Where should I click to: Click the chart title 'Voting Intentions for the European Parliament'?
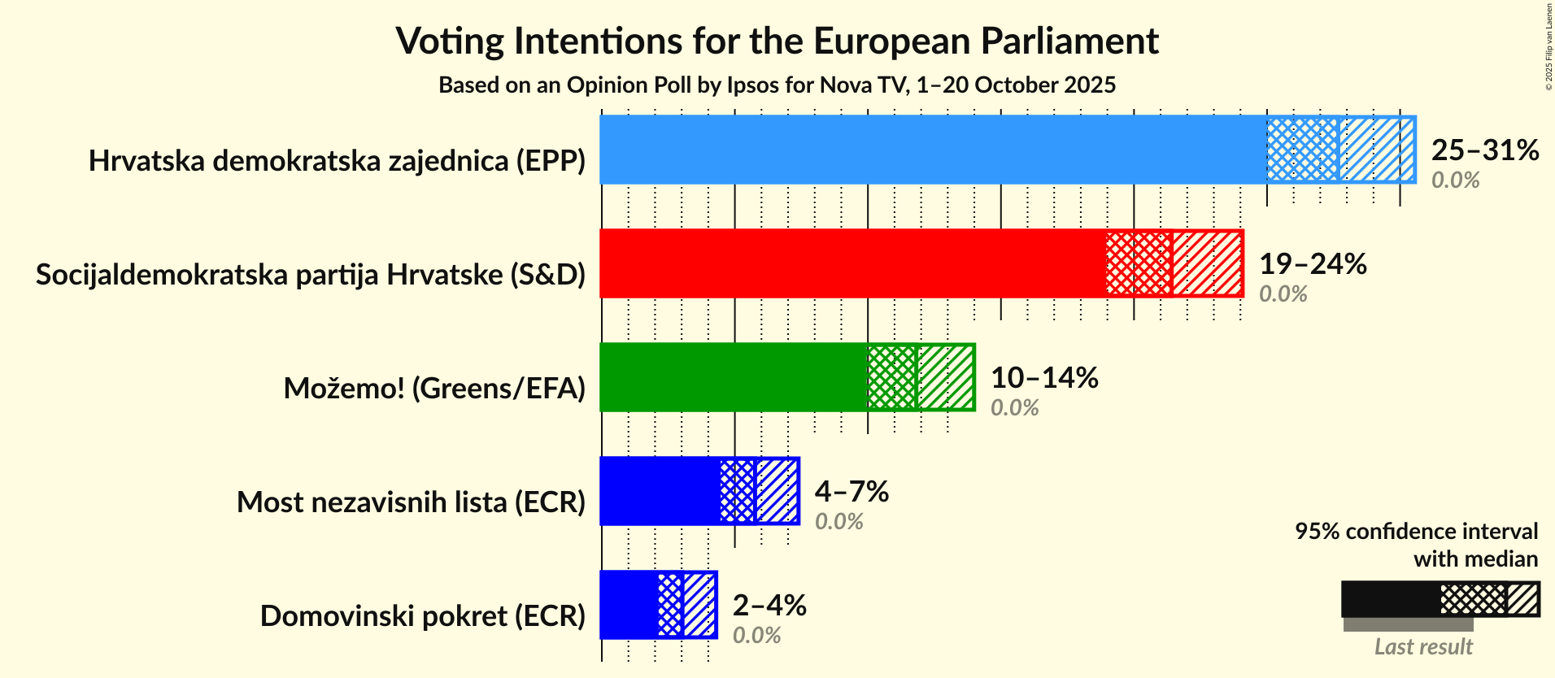coord(777,41)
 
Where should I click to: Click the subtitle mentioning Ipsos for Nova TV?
coord(777,85)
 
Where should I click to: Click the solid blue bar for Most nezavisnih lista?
coord(660,491)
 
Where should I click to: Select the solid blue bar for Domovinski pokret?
coord(629,605)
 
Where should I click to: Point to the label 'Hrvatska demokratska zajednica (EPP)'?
coord(337,161)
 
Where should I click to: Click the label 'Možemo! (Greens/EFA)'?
coord(434,389)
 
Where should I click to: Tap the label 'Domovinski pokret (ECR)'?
coord(422,616)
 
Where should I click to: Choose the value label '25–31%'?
coord(1484,150)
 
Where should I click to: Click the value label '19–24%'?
coord(1312,264)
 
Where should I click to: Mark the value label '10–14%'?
coord(1043,378)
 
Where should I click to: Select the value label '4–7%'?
coord(851,492)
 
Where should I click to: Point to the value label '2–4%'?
coord(769,606)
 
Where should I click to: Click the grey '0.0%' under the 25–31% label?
coord(1455,180)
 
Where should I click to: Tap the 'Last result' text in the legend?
coord(1422,647)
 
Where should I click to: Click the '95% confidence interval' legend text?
coord(1416,532)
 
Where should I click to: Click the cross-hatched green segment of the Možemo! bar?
coord(891,377)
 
